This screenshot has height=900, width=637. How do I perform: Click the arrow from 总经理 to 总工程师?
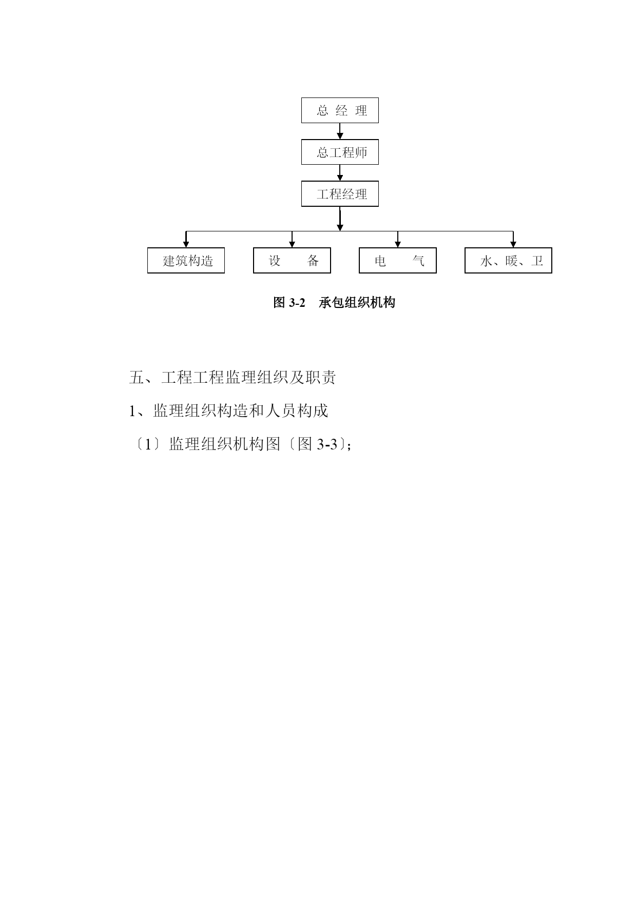[x=340, y=131]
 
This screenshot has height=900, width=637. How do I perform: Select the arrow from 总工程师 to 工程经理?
[x=340, y=173]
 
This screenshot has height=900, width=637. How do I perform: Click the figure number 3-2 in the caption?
[x=297, y=303]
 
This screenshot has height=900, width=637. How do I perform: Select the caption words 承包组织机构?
[x=357, y=303]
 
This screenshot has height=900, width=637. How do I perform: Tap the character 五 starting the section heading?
[x=136, y=378]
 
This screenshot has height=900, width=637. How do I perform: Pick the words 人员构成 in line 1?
[x=297, y=411]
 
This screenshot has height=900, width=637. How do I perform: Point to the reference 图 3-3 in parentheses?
[x=317, y=444]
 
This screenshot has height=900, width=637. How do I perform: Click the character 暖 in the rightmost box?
[x=512, y=261]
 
